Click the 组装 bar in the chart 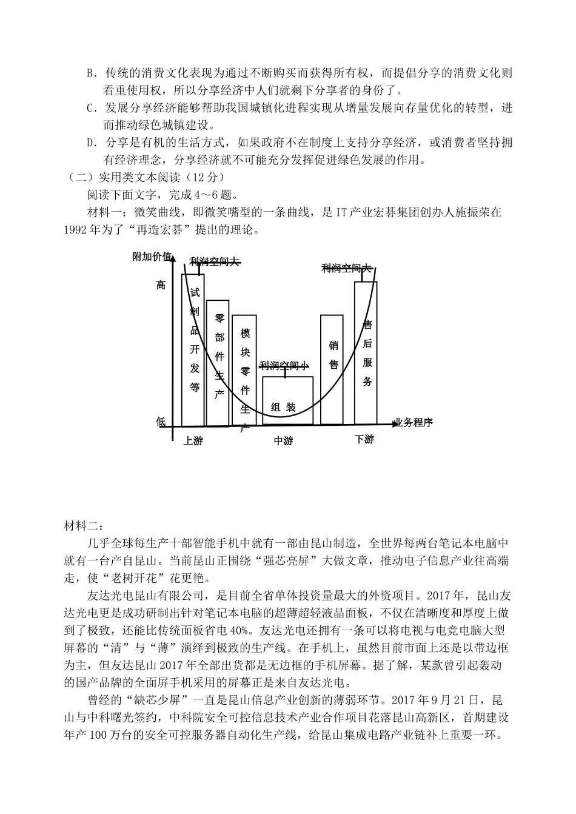pos(288,400)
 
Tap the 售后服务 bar pos(366,352)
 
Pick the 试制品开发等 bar pos(193,349)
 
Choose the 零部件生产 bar pos(218,362)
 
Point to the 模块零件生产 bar pos(244,370)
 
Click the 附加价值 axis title pos(152,257)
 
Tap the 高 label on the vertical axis pos(161,285)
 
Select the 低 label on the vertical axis pos(161,422)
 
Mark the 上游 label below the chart pos(193,441)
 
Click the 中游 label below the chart pos(283,441)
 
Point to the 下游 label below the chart pos(364,439)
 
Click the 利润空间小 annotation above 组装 pos(284,366)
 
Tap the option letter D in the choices pos(92,143)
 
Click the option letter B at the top pos(92,74)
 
